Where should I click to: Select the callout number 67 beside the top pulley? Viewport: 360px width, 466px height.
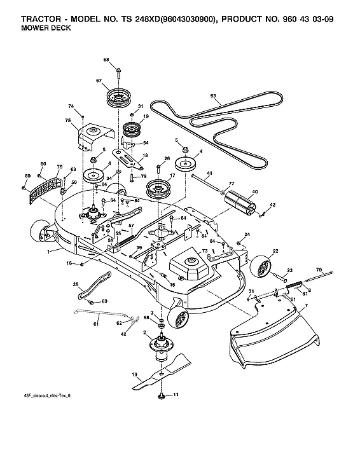coord(99,80)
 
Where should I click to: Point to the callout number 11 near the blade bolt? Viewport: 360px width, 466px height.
coord(176,395)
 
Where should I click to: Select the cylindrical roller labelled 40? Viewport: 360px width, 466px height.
coord(241,203)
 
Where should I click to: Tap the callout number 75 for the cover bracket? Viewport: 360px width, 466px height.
coord(67,120)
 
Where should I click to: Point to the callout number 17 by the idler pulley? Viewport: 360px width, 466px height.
coord(172,174)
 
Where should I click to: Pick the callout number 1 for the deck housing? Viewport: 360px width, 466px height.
coord(48,252)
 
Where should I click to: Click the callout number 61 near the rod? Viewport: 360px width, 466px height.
coord(97,324)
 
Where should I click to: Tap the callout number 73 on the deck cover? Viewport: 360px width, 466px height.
coord(205,252)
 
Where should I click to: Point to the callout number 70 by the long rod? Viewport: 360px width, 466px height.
coord(319,270)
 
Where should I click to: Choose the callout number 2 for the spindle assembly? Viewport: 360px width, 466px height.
coord(145,332)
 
